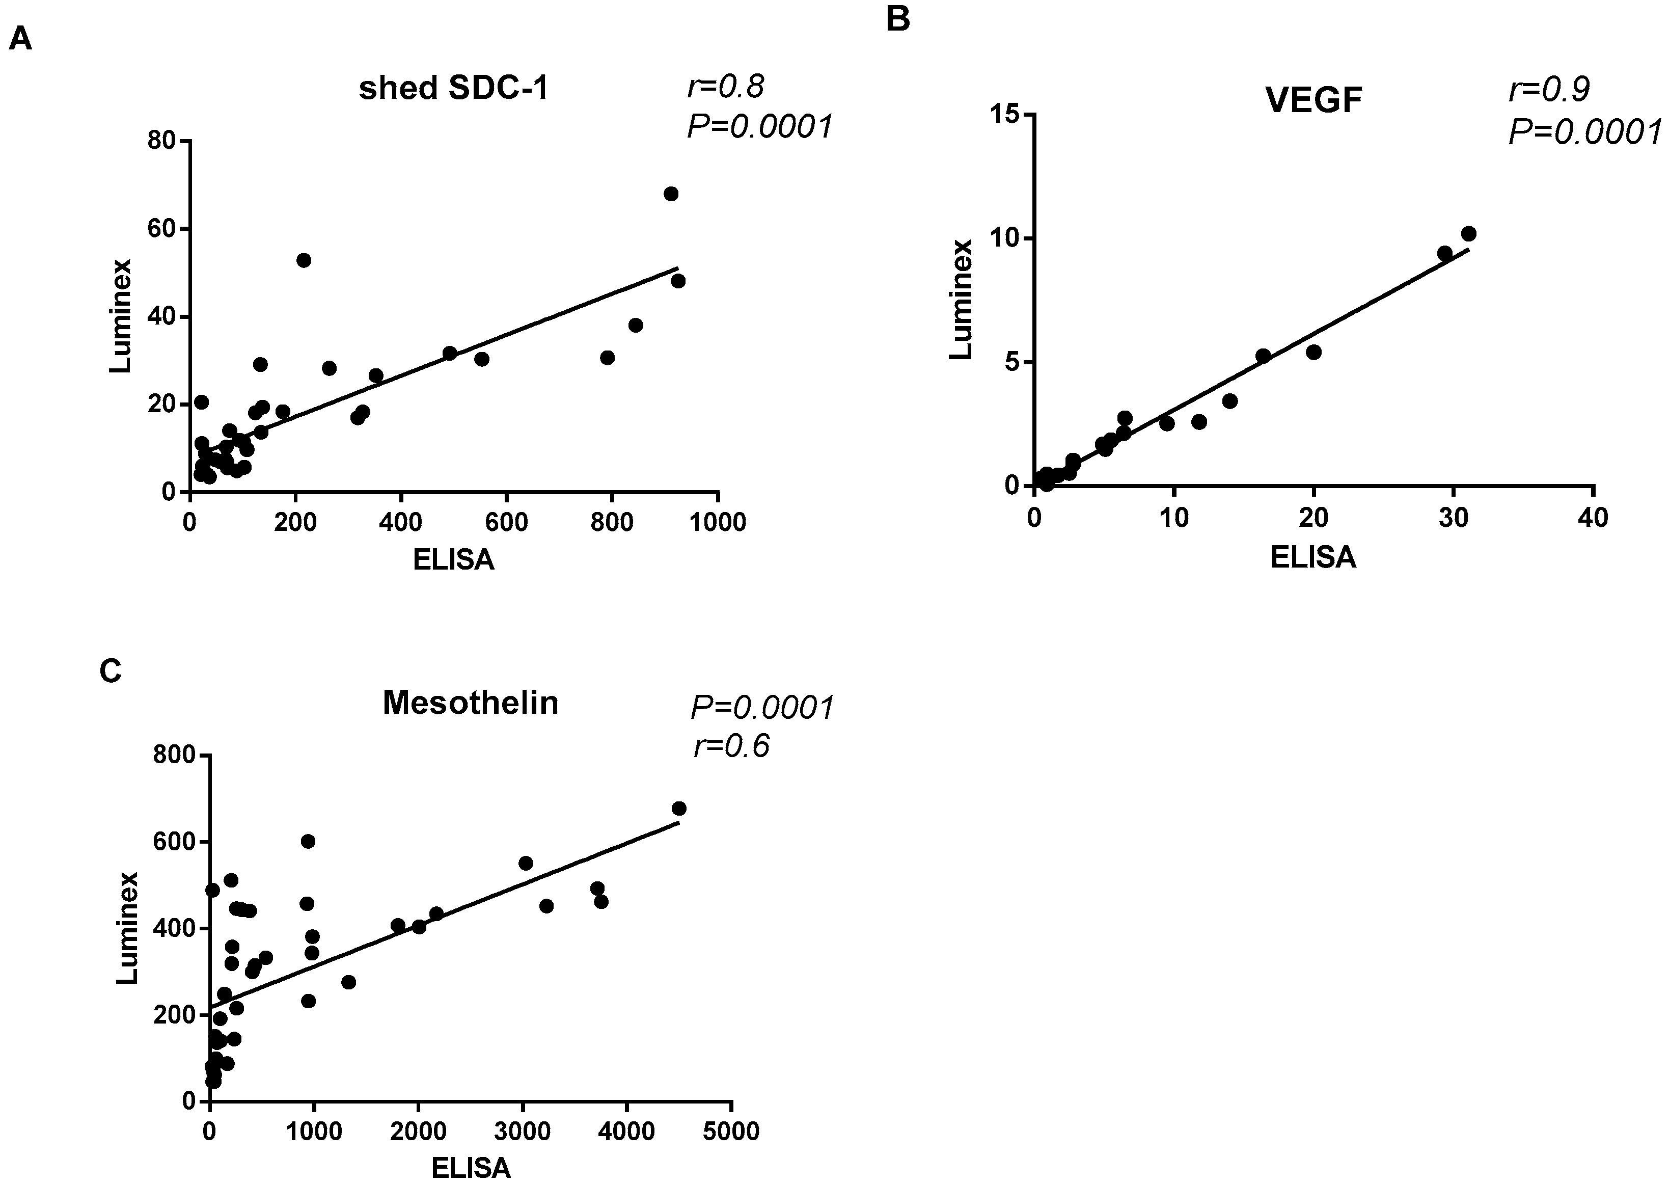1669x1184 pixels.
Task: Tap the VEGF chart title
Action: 1314,100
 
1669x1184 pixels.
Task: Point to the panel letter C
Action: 110,671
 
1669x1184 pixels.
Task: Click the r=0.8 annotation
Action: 725,87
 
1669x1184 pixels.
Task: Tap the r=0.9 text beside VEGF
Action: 1549,89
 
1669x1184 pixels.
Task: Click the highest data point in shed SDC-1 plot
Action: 671,194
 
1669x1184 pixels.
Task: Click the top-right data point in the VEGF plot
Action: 1468,234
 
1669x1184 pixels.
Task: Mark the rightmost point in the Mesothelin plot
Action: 678,809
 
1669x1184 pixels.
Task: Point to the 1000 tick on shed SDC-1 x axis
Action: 718,522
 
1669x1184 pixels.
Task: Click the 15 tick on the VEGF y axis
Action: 1005,115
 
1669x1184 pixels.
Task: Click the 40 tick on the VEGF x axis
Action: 1593,517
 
